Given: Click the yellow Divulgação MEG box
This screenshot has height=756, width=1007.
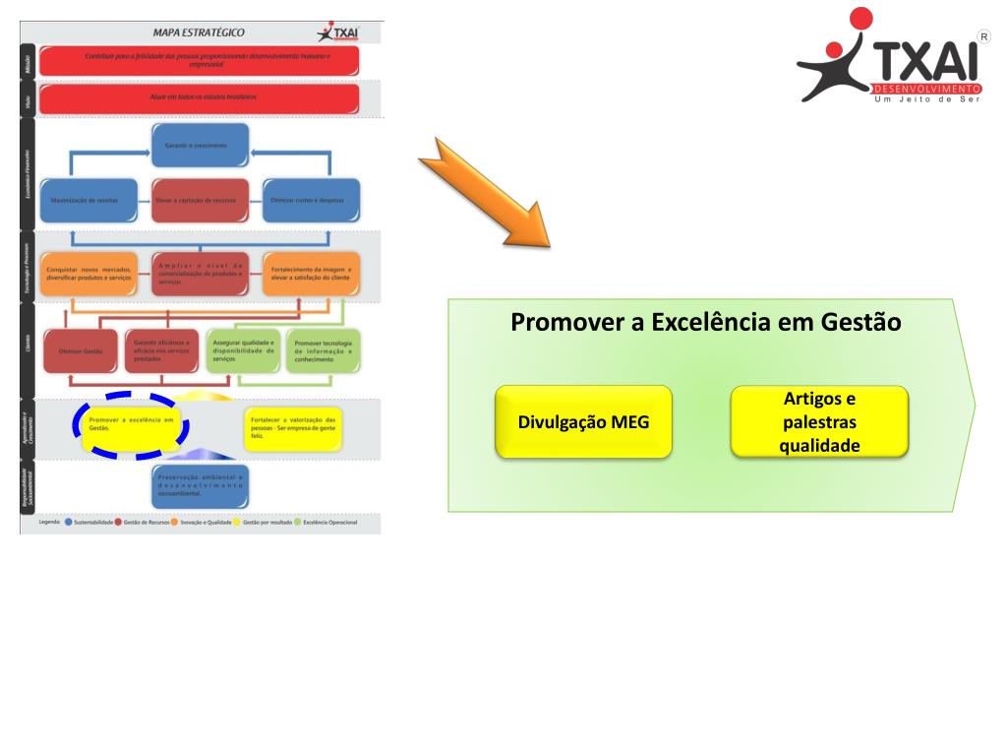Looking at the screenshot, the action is [583, 421].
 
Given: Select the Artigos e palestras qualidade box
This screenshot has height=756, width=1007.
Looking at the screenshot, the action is [819, 421].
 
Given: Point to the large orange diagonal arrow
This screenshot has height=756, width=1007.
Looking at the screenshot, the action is [487, 191].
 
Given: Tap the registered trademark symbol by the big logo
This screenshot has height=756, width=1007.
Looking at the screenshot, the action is [983, 35].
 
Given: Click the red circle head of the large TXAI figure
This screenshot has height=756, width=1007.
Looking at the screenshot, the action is [861, 19].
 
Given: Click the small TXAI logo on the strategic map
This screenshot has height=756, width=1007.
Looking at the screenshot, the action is [336, 32].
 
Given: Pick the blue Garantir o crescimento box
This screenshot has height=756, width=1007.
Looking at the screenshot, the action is [201, 146].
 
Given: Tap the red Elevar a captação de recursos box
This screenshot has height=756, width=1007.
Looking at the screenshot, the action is [201, 200].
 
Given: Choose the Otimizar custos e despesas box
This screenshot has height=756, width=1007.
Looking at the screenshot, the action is [310, 200].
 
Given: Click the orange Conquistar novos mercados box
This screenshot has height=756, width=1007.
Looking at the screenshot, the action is [92, 275].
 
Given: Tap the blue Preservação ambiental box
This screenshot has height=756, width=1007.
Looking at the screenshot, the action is [200, 483].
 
